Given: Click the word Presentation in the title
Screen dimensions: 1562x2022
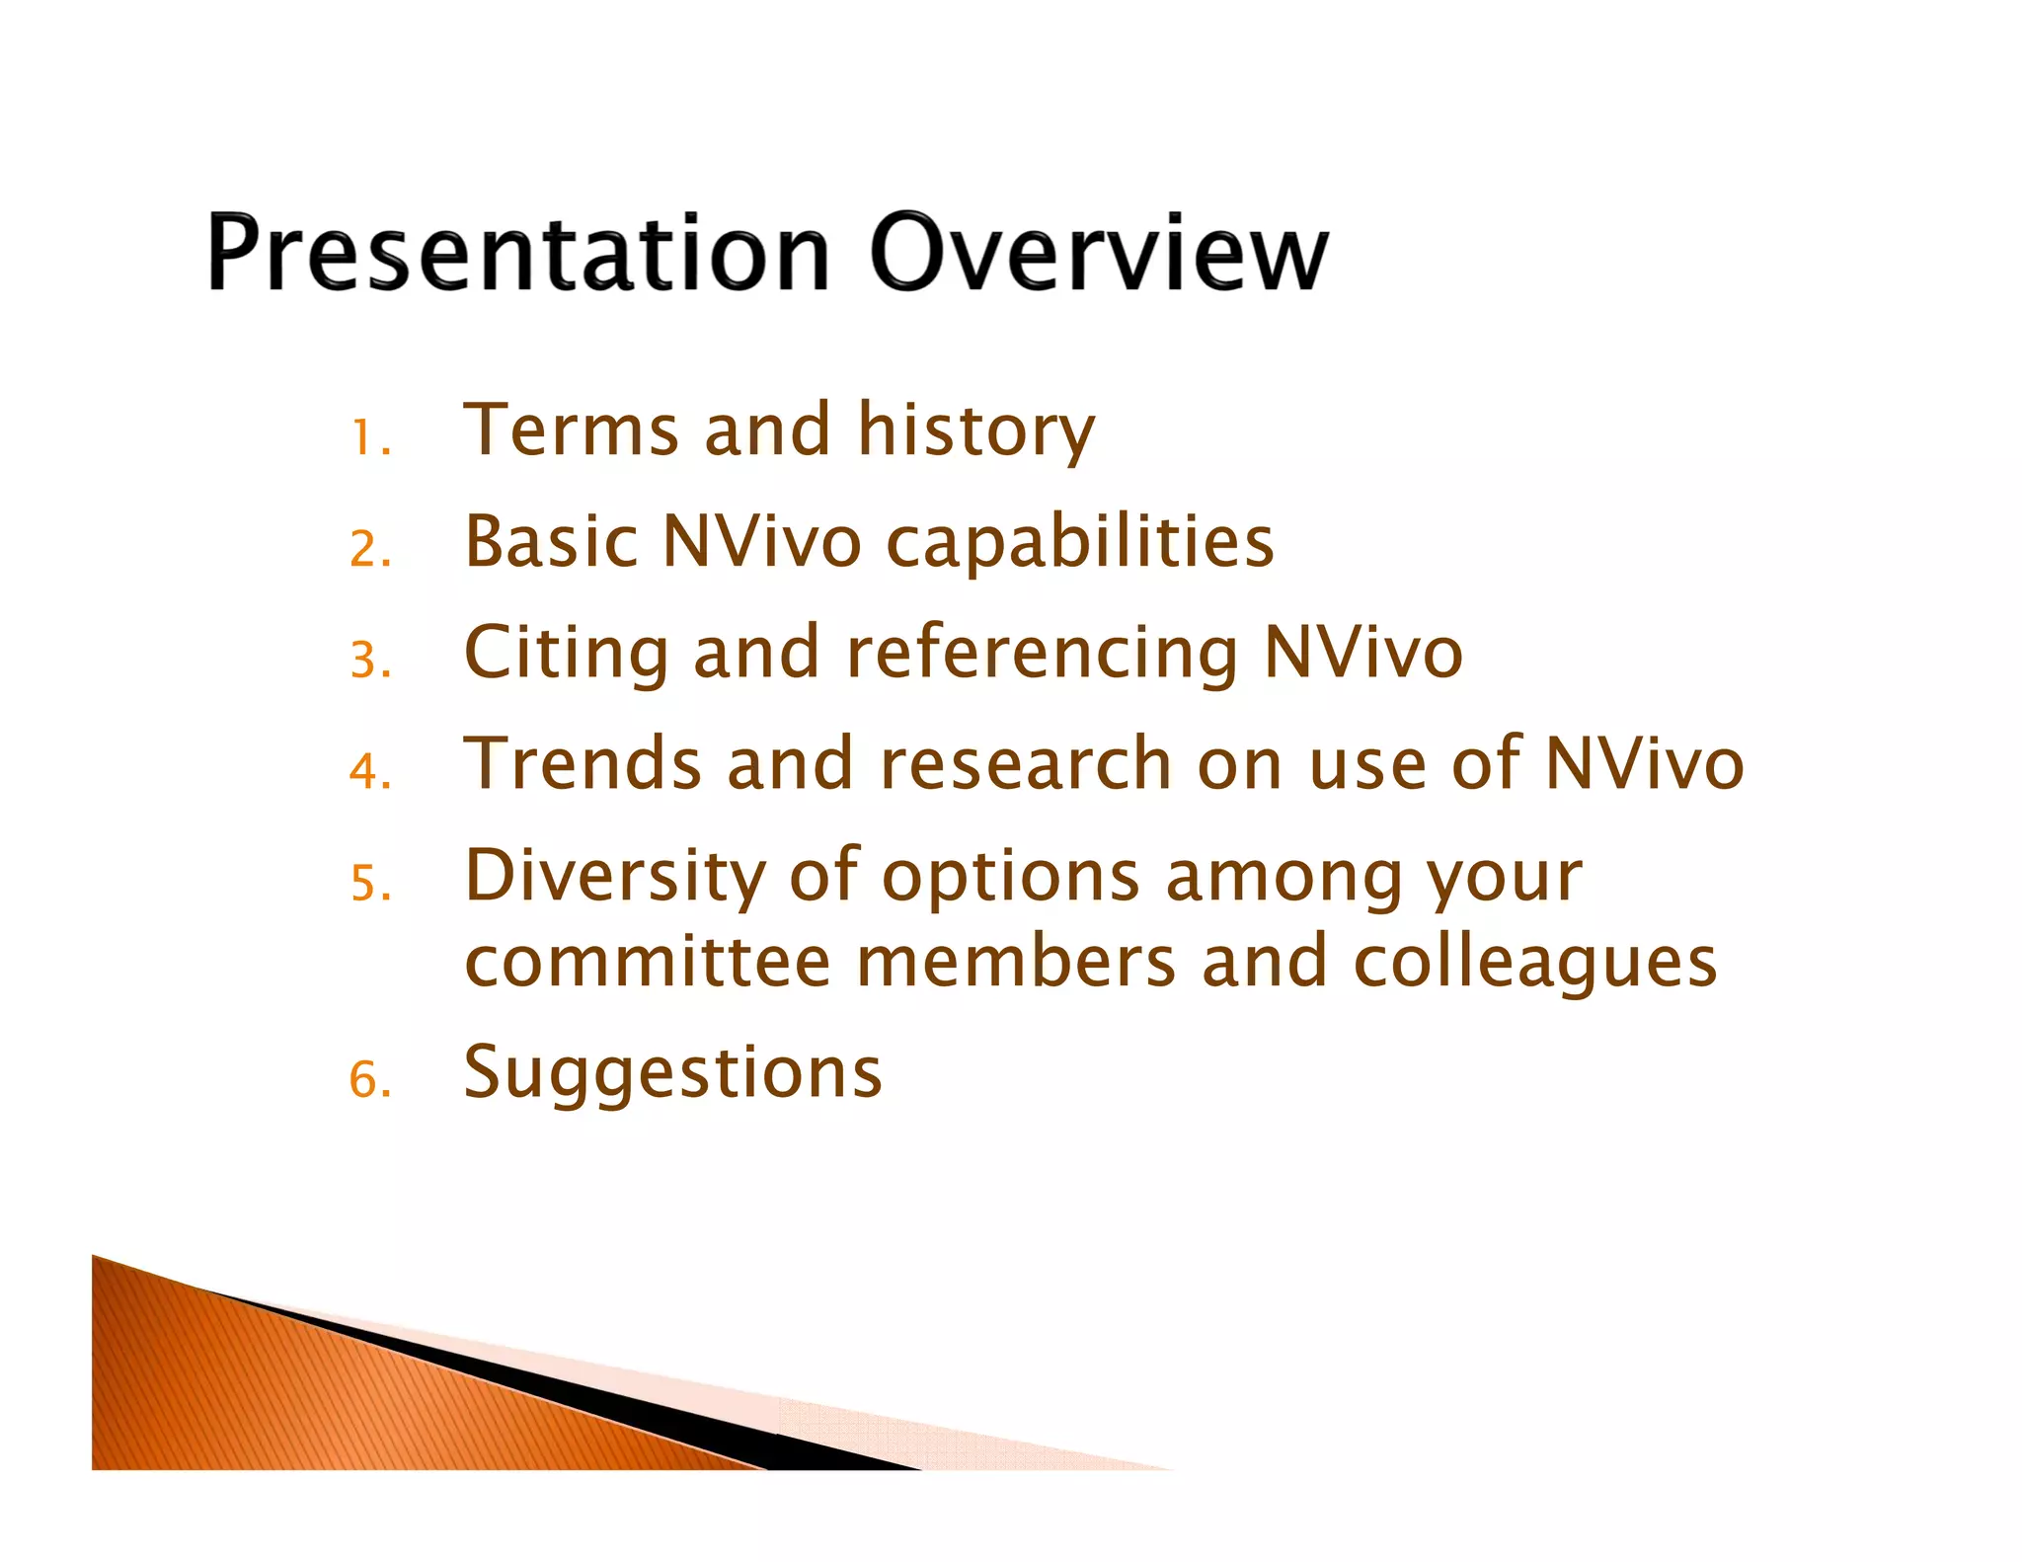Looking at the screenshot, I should (517, 255).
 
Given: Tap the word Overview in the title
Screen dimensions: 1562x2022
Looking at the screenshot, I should (1098, 255).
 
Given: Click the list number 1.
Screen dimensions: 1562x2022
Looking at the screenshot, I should (369, 437).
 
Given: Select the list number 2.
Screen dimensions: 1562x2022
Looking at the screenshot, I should (369, 549).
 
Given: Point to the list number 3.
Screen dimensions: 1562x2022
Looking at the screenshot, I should (369, 661).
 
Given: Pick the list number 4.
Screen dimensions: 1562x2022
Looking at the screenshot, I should (369, 771).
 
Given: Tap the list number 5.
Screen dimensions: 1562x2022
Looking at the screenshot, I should (369, 883).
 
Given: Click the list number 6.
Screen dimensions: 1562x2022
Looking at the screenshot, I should (369, 1079).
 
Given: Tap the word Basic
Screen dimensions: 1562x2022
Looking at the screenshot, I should (551, 542).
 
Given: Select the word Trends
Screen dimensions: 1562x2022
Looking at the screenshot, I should (582, 764).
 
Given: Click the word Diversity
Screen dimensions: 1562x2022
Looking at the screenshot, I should (614, 878).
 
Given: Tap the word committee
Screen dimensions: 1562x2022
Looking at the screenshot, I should (647, 963).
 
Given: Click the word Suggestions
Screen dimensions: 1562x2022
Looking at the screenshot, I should (672, 1075).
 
